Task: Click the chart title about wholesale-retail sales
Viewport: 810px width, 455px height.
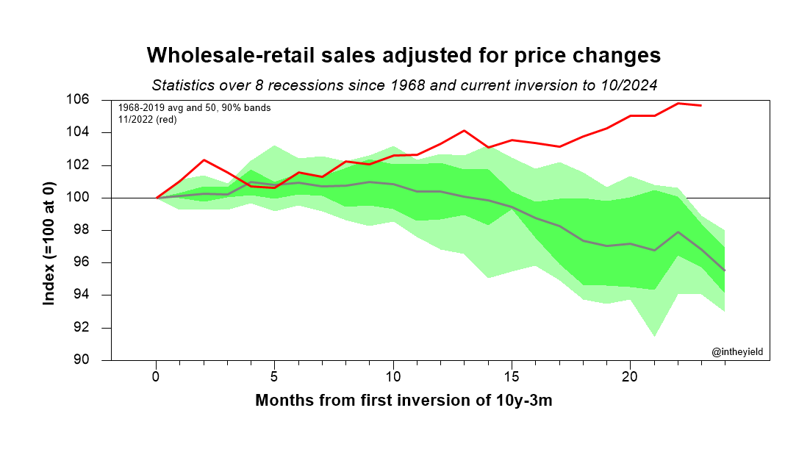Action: (404, 56)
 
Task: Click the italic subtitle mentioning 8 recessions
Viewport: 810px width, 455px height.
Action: (404, 85)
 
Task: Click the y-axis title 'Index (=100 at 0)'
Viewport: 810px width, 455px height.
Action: (50, 230)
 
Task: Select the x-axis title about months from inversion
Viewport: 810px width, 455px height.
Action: (404, 401)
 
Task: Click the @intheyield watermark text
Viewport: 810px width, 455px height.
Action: (736, 352)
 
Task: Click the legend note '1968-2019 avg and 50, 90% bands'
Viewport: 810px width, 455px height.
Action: (194, 108)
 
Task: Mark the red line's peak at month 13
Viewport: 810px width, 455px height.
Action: (465, 131)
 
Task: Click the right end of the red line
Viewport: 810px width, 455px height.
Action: (701, 105)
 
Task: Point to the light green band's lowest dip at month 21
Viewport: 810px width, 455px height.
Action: (654, 337)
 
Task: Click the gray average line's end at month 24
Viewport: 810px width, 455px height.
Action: (725, 271)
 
